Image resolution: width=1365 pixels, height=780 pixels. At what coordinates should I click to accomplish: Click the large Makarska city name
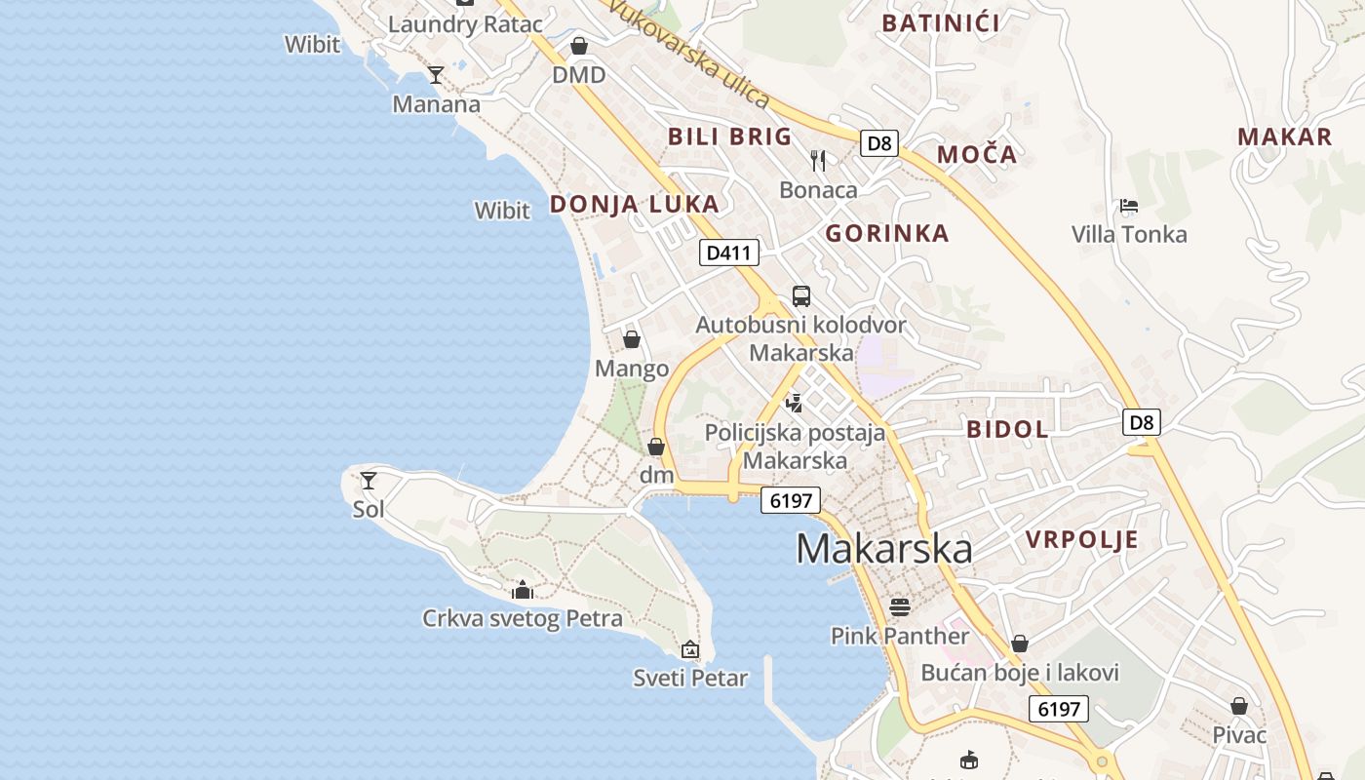(x=883, y=549)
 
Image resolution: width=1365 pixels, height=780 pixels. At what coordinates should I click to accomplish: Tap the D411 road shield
(x=728, y=253)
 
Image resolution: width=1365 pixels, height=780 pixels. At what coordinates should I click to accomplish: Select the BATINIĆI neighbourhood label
(x=940, y=23)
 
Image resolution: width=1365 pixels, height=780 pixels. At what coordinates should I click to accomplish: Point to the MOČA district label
(x=977, y=154)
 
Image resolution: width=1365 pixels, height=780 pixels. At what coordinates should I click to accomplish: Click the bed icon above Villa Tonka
(x=1129, y=206)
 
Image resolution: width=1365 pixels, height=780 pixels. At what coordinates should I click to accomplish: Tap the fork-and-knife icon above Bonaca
(x=818, y=160)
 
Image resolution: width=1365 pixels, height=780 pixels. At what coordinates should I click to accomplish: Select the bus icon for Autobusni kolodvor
(x=800, y=295)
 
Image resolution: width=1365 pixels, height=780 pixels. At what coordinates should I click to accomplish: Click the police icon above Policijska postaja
(x=795, y=403)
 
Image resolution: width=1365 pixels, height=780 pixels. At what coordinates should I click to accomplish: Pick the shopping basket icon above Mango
(x=632, y=339)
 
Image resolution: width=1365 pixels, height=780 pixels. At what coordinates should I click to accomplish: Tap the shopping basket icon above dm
(x=656, y=447)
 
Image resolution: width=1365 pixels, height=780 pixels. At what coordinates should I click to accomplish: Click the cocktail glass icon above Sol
(x=369, y=480)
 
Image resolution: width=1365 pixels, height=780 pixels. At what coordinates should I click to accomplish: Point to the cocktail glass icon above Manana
(x=436, y=75)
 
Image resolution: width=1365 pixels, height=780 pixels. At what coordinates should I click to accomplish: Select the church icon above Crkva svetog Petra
(x=523, y=590)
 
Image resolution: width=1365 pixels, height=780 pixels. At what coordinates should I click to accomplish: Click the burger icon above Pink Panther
(x=899, y=607)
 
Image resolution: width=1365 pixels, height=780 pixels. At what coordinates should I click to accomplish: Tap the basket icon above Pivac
(x=1238, y=706)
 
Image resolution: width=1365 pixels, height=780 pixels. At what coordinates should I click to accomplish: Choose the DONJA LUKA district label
(x=634, y=204)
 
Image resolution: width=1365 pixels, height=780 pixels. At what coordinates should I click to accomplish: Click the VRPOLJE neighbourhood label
(x=1081, y=539)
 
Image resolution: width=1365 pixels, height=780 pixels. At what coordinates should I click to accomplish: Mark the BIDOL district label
(x=1007, y=429)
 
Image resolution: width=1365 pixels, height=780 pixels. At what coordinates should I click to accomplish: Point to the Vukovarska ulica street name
(x=688, y=53)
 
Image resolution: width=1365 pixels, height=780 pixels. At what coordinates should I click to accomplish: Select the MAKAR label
(x=1284, y=136)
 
